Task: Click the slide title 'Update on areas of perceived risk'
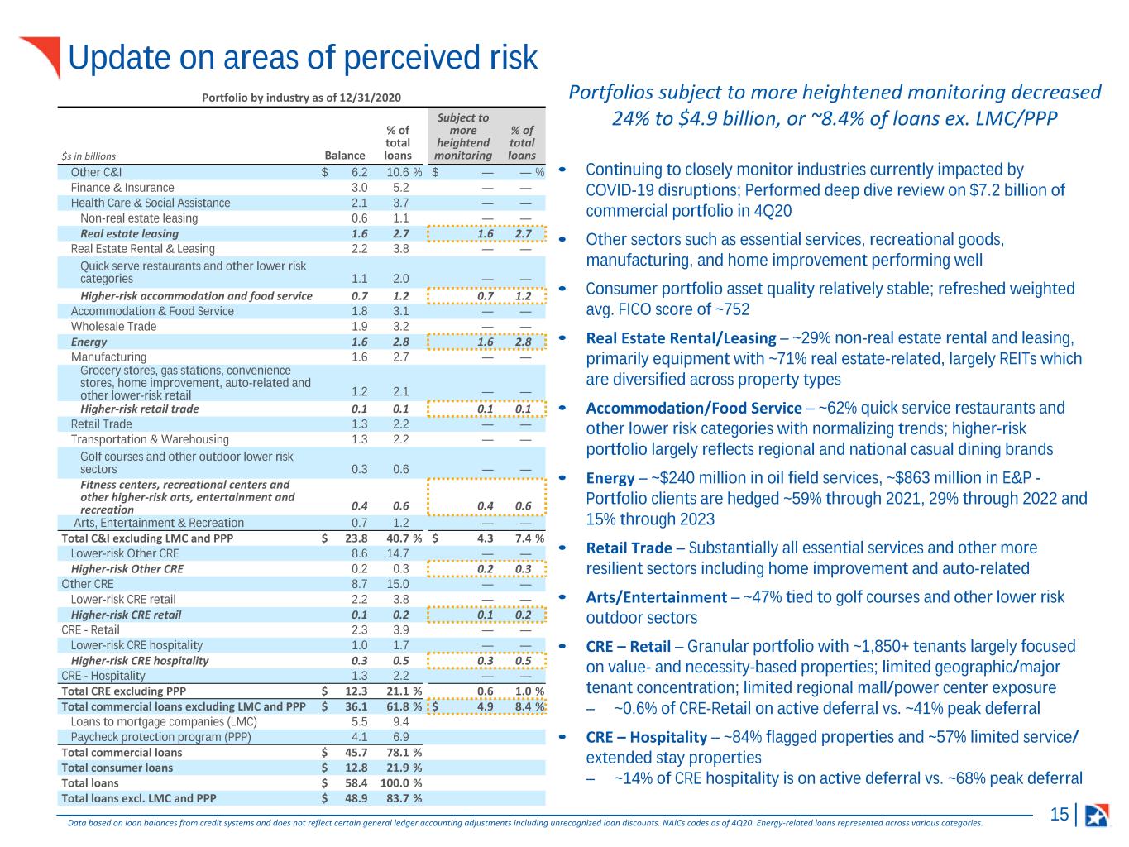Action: [x=303, y=58]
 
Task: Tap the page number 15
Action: [x=1060, y=814]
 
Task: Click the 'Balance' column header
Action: [x=345, y=156]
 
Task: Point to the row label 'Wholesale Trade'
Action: [x=113, y=327]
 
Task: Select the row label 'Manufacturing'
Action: [x=108, y=357]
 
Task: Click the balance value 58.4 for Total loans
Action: [x=356, y=783]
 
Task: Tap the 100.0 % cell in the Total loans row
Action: [x=400, y=783]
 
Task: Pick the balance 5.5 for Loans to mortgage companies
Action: [x=360, y=722]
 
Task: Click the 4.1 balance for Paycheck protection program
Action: [x=360, y=738]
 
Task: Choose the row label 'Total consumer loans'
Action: [x=117, y=768]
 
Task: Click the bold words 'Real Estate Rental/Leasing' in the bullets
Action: [x=681, y=337]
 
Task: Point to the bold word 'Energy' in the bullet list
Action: [x=610, y=478]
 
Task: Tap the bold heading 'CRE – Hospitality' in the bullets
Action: [x=647, y=737]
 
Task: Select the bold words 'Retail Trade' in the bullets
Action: [x=629, y=548]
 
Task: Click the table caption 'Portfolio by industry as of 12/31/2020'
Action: [x=301, y=98]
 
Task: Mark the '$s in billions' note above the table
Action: [x=89, y=156]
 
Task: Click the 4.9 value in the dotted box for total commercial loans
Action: [x=485, y=706]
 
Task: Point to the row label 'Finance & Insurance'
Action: [x=122, y=188]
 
